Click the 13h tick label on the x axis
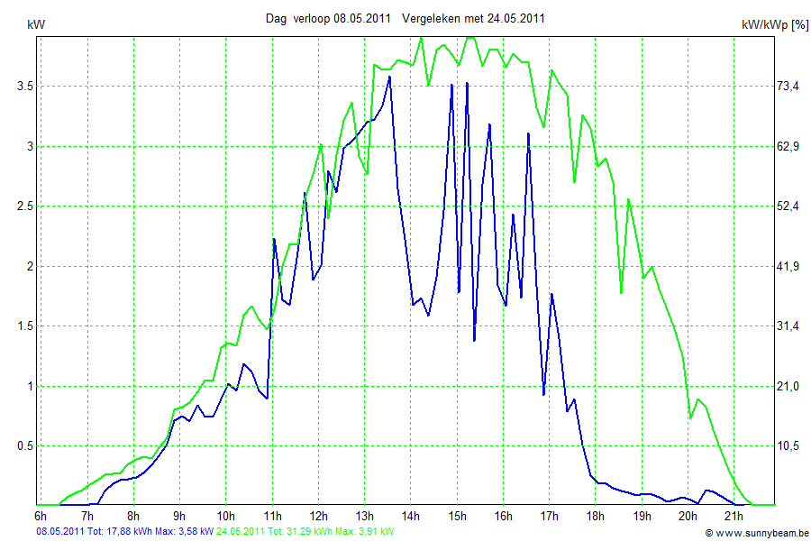click(x=364, y=516)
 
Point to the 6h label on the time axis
click(x=41, y=516)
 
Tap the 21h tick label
click(x=734, y=516)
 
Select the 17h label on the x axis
click(x=549, y=516)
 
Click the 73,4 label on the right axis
click(x=788, y=86)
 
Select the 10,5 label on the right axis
click(x=788, y=445)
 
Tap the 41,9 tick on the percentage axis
click(x=788, y=266)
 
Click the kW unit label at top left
click(x=36, y=24)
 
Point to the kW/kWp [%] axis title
click(x=774, y=25)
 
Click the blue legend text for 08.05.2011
click(x=124, y=532)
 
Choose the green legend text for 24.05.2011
click(x=305, y=532)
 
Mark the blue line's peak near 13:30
click(x=389, y=78)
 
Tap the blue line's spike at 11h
click(x=274, y=239)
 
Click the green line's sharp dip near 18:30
click(x=621, y=292)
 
